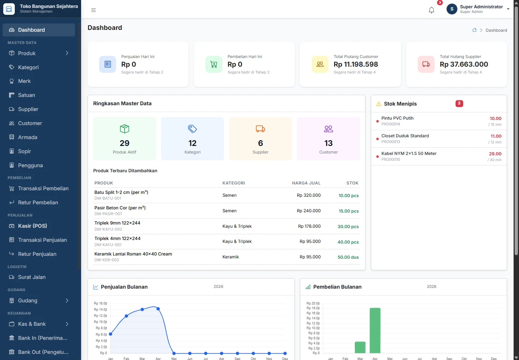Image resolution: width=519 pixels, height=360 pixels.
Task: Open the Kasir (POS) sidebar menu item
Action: (x=32, y=226)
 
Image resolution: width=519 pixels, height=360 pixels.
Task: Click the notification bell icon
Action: (x=431, y=10)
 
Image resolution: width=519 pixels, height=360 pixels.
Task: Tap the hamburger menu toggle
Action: (x=93, y=10)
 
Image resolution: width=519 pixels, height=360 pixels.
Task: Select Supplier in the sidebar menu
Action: (x=28, y=109)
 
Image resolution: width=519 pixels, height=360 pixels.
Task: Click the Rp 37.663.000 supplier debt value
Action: (x=464, y=64)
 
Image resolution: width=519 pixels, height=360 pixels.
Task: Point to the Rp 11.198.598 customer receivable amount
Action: (x=356, y=64)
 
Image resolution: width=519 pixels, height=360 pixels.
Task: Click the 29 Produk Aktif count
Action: (x=124, y=143)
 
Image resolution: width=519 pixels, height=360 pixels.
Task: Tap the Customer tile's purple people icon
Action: (x=328, y=129)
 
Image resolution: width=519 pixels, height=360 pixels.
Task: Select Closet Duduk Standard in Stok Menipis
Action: (x=405, y=136)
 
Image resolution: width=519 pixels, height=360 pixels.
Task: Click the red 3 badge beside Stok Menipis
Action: (x=459, y=103)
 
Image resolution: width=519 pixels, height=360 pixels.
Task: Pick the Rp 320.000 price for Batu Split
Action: (x=309, y=195)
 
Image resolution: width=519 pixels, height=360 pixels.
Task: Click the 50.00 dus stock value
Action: (x=348, y=257)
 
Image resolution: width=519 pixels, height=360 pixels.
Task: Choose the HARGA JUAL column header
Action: (x=306, y=183)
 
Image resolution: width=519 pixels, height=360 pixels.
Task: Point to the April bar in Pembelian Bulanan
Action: (x=375, y=330)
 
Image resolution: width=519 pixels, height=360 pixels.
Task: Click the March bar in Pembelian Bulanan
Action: (x=360, y=347)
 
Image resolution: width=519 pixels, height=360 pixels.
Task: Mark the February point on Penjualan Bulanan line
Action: (x=126, y=316)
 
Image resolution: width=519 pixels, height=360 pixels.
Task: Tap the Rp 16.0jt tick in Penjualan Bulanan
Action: (x=100, y=303)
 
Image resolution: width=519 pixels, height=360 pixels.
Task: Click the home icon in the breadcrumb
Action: (x=474, y=30)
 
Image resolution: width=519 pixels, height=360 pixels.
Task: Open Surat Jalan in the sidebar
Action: (x=32, y=277)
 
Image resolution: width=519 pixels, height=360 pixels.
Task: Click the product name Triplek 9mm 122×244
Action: (x=117, y=223)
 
